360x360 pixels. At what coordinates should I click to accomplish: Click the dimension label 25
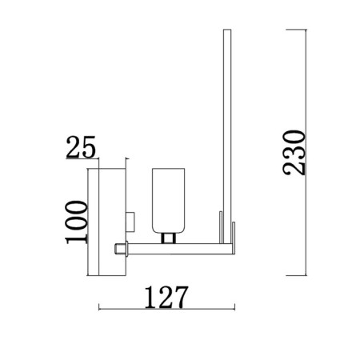pyautogui.click(x=81, y=147)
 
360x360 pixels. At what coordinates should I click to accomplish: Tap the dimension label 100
pyautogui.click(x=77, y=222)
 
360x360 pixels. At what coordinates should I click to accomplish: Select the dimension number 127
pyautogui.click(x=166, y=297)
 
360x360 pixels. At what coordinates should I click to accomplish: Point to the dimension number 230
pyautogui.click(x=294, y=153)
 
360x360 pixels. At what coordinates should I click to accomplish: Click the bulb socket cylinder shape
pyautogui.click(x=168, y=201)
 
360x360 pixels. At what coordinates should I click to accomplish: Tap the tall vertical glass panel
pyautogui.click(x=227, y=136)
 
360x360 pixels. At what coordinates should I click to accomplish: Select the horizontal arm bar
pyautogui.click(x=182, y=249)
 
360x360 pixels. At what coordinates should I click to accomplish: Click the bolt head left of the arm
pyautogui.click(x=120, y=249)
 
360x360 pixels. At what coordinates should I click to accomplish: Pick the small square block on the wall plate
pyautogui.click(x=130, y=222)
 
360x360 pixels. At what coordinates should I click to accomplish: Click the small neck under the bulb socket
pyautogui.click(x=168, y=238)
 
